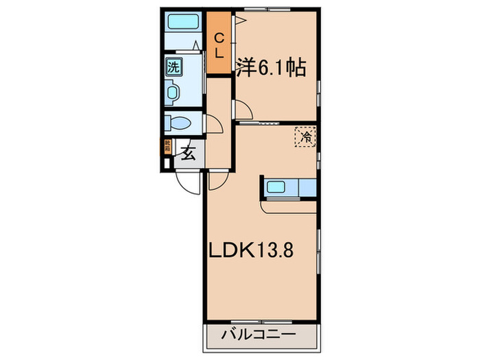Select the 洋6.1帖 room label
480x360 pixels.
point(271,68)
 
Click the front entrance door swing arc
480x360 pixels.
point(187,180)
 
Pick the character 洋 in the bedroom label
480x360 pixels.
point(245,68)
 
